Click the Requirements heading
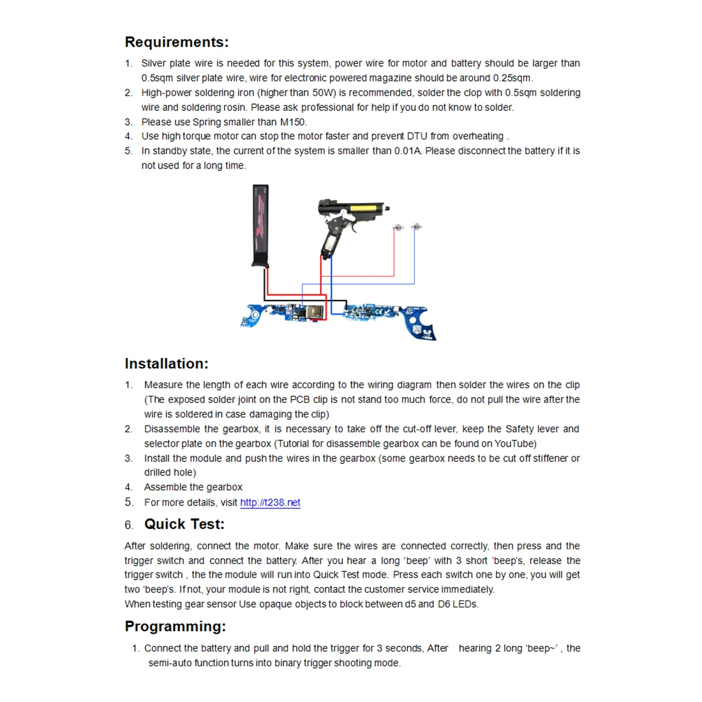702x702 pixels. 176,42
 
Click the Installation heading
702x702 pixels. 167,364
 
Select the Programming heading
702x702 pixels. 175,626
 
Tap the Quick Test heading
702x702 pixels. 184,524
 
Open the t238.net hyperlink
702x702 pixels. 270,502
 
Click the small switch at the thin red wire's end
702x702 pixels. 398,228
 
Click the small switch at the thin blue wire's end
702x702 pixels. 416,227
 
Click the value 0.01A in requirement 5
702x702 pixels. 408,151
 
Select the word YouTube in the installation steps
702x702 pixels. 514,444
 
